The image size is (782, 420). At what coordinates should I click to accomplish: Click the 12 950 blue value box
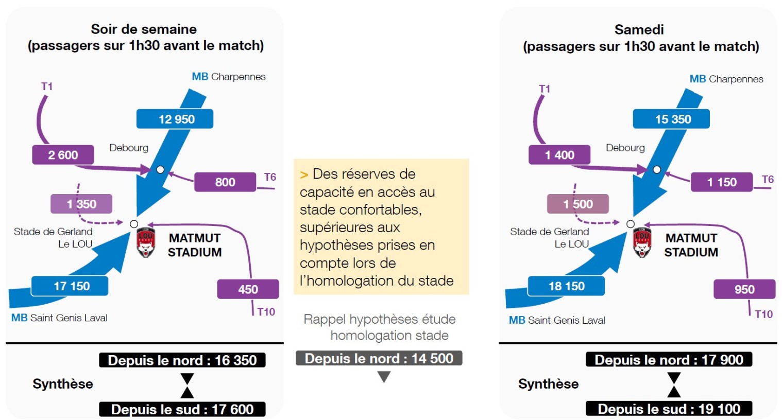[175, 119]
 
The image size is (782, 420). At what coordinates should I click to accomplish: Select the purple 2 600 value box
[63, 155]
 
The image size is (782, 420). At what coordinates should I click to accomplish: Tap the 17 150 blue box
[70, 286]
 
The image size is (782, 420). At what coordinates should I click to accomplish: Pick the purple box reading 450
[248, 289]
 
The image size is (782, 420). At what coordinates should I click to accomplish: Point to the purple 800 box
[225, 182]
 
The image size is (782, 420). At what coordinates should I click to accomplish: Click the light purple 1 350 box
[81, 204]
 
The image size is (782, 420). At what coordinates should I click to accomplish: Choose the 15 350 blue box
[671, 119]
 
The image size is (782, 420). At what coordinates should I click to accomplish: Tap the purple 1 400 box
[559, 155]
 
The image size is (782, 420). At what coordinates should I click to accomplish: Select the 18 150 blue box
[566, 286]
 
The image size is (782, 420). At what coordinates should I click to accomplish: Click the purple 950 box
[744, 289]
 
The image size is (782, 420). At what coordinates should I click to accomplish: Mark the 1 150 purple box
[722, 182]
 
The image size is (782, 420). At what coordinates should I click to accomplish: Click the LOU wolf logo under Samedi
[642, 242]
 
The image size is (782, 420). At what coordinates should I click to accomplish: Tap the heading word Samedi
[639, 30]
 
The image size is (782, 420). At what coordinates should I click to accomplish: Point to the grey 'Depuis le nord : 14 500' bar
[379, 358]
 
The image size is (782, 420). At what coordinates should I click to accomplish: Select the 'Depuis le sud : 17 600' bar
[182, 409]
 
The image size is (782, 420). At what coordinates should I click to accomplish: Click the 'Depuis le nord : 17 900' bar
[669, 360]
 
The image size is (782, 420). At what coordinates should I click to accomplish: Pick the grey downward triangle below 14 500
[384, 376]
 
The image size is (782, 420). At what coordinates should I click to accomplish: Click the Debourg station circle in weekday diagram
[160, 169]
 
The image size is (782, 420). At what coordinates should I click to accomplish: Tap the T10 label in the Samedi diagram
[763, 314]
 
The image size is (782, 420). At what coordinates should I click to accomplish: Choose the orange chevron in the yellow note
[304, 175]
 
